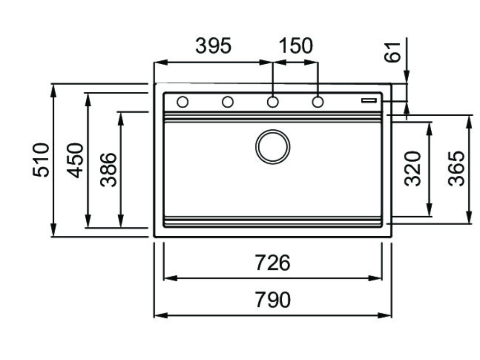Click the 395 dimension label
(213, 46)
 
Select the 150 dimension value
(295, 46)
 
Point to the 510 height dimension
(41, 160)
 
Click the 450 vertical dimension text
(75, 160)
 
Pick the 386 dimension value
(109, 170)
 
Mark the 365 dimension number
(456, 168)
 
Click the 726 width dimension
(273, 262)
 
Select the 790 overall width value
(273, 300)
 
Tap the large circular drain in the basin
(273, 147)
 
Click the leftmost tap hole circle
(182, 102)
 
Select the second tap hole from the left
(228, 102)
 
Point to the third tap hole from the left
(273, 102)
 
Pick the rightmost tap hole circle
(318, 102)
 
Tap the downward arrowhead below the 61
(406, 78)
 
